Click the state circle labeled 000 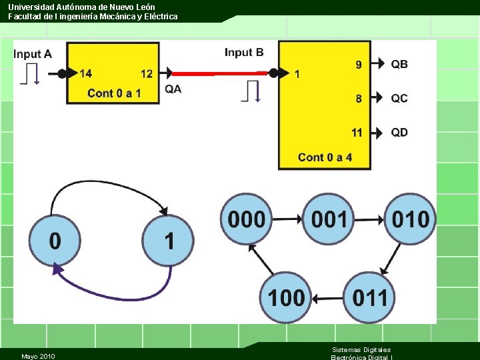coord(246,219)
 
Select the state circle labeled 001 coord(328,219)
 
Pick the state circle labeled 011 coord(369,297)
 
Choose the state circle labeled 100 coord(286,297)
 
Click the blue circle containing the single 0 coord(55,241)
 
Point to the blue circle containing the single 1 coord(169,241)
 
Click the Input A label coord(33,54)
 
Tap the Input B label coord(244,52)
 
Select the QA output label coord(173,89)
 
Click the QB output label coord(399,64)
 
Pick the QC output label coord(399,98)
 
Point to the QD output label coord(399,132)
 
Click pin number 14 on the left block coord(86,73)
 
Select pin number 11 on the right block coord(357,132)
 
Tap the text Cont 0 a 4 coord(325,157)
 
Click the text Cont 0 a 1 coord(114,93)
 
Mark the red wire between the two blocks coord(220,73)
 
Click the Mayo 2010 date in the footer coord(38,356)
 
